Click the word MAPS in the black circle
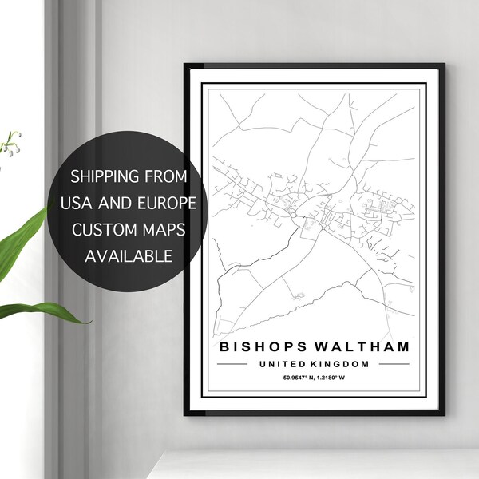click(163, 229)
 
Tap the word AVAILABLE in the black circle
click(128, 256)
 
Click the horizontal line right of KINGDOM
click(391, 364)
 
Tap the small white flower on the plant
click(10, 146)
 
